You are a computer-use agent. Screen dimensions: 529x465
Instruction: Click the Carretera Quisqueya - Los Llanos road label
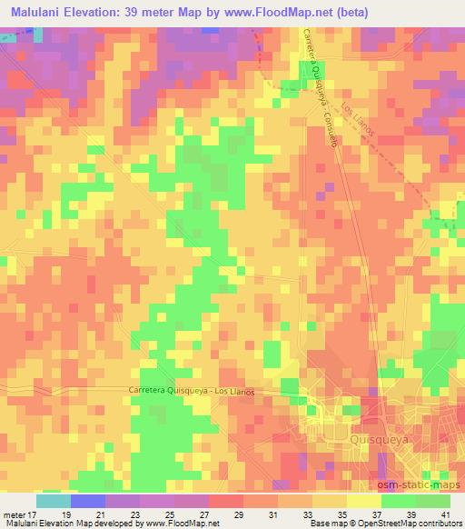pos(189,392)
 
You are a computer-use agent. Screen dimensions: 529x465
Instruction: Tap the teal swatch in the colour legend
pos(53,501)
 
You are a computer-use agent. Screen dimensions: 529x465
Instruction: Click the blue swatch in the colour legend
pos(88,501)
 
